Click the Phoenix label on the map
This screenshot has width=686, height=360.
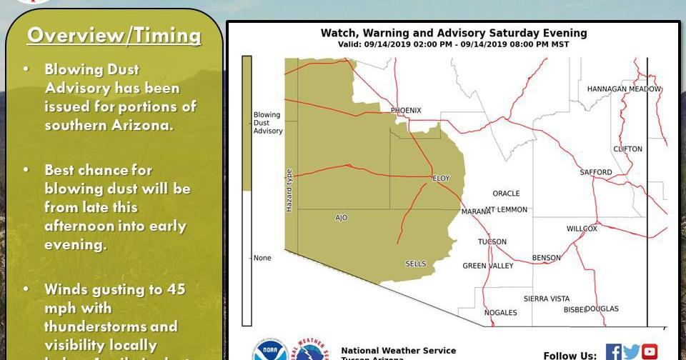[x=406, y=110]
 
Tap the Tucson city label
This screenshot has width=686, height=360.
[x=492, y=241]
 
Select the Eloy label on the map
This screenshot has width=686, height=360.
[x=441, y=179]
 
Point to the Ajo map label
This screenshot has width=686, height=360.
[x=341, y=218]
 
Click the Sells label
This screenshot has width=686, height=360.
[x=415, y=264]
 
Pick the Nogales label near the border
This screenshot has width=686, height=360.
[x=500, y=312]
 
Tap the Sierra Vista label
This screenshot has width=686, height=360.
[x=546, y=299]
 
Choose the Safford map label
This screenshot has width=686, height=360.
[x=595, y=172]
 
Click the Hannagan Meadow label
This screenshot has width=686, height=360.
[x=624, y=89]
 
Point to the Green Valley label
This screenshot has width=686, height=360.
[x=487, y=266]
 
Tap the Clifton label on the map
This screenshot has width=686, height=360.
[x=627, y=149]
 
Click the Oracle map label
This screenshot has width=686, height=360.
[x=506, y=194]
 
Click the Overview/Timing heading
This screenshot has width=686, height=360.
[x=114, y=35]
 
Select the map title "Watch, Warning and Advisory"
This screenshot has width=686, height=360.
[x=454, y=33]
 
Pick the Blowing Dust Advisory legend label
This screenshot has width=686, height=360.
[x=268, y=123]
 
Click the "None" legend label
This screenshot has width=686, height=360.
[x=262, y=258]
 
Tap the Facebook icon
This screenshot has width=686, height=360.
[x=613, y=351]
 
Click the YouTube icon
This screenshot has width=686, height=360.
[x=649, y=351]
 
